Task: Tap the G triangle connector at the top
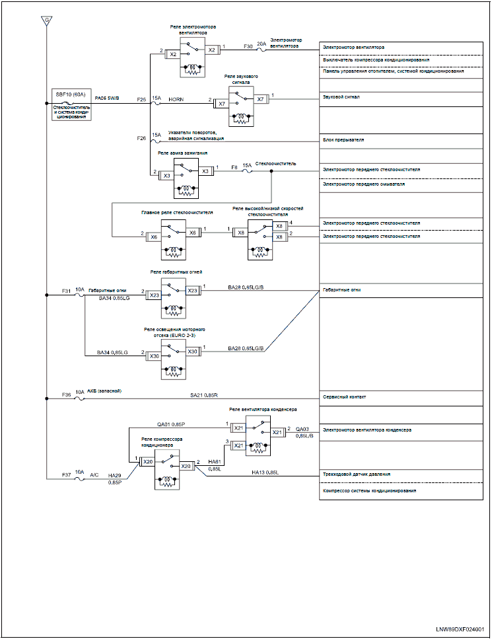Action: [47, 20]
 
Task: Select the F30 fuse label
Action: [248, 47]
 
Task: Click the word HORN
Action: [176, 99]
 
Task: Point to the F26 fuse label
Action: [141, 138]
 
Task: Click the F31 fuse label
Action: [66, 291]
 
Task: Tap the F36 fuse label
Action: [66, 395]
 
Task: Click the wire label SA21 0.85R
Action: [204, 395]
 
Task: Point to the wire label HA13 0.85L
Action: [265, 472]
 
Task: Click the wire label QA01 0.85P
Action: [171, 424]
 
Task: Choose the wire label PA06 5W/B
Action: [107, 98]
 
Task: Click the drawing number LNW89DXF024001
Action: [460, 629]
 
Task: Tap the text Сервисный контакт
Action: [345, 397]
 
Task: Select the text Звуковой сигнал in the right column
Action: [341, 97]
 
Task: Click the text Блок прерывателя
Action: [343, 140]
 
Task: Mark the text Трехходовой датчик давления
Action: [356, 474]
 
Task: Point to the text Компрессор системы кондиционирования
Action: [369, 490]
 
